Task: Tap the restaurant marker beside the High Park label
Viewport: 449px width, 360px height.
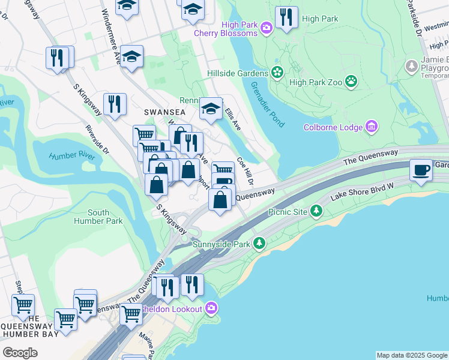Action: point(287,18)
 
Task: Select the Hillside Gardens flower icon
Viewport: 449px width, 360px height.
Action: point(277,73)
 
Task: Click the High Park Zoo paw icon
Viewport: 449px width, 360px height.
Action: point(351,81)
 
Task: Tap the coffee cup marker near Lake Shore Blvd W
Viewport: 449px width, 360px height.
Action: point(421,170)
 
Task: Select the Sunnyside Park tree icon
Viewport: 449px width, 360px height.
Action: point(259,244)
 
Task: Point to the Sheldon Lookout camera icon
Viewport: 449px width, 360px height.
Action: point(211,308)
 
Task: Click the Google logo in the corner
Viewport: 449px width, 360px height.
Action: point(20,353)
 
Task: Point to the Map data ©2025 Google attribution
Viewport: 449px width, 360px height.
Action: point(412,355)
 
